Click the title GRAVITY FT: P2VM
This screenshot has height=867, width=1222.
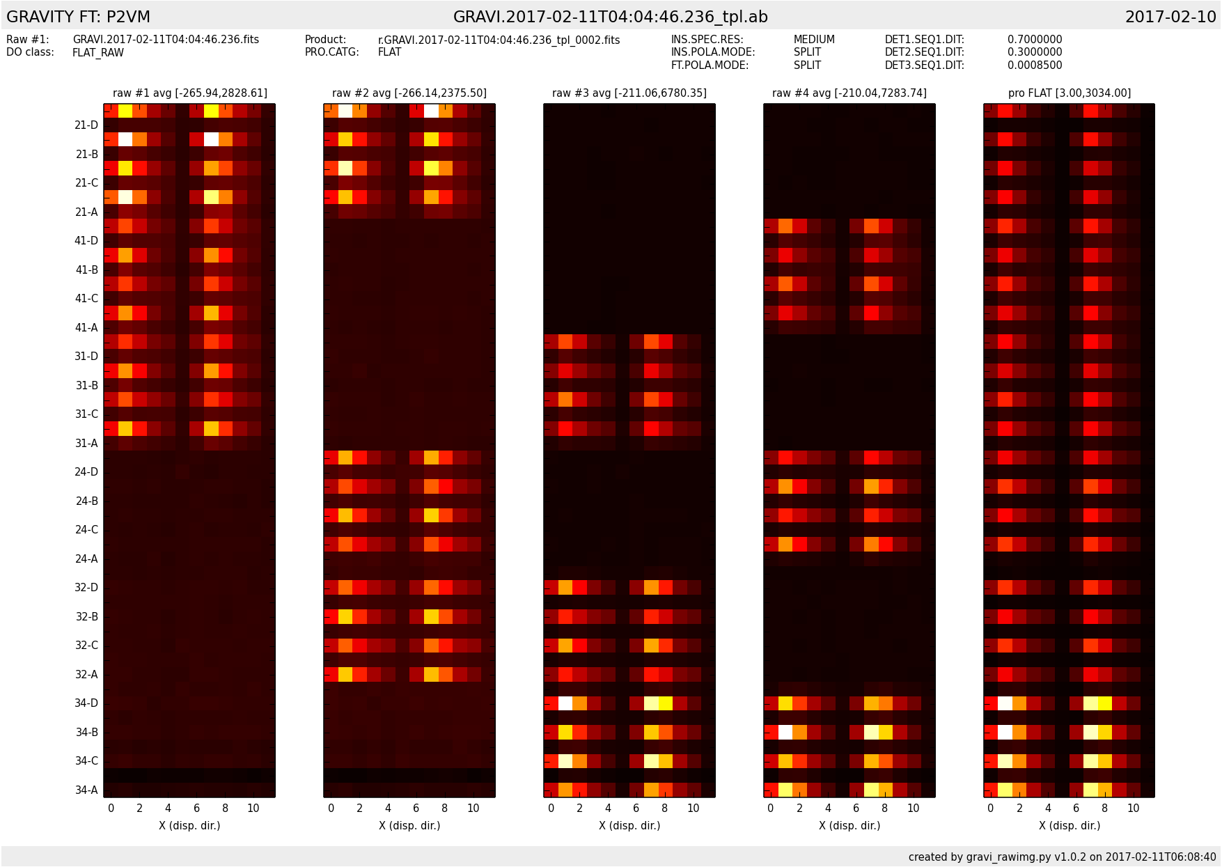[78, 17]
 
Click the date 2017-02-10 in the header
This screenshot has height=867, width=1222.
[1170, 17]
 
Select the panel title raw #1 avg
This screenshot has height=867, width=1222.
[189, 93]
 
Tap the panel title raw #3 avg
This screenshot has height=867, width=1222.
[629, 93]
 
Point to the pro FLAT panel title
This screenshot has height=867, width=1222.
[1069, 93]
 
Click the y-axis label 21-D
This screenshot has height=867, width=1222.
[86, 125]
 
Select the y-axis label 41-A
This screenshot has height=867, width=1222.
[86, 327]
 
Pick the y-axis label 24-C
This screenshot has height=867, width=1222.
[86, 530]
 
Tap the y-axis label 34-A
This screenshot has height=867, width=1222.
[86, 790]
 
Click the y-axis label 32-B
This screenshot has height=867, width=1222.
[86, 616]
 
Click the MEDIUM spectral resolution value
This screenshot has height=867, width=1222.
[814, 40]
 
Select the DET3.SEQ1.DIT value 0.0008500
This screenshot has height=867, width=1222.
[1035, 65]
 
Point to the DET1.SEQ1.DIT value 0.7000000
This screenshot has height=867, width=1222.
[1035, 40]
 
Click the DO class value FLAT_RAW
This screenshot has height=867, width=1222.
[98, 52]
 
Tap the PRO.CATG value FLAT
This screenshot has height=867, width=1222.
[389, 52]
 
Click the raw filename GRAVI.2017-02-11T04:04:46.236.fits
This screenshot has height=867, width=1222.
[166, 40]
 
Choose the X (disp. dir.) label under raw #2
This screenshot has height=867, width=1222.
[409, 825]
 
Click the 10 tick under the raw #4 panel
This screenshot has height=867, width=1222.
[913, 808]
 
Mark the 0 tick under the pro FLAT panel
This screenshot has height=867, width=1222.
[991, 808]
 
